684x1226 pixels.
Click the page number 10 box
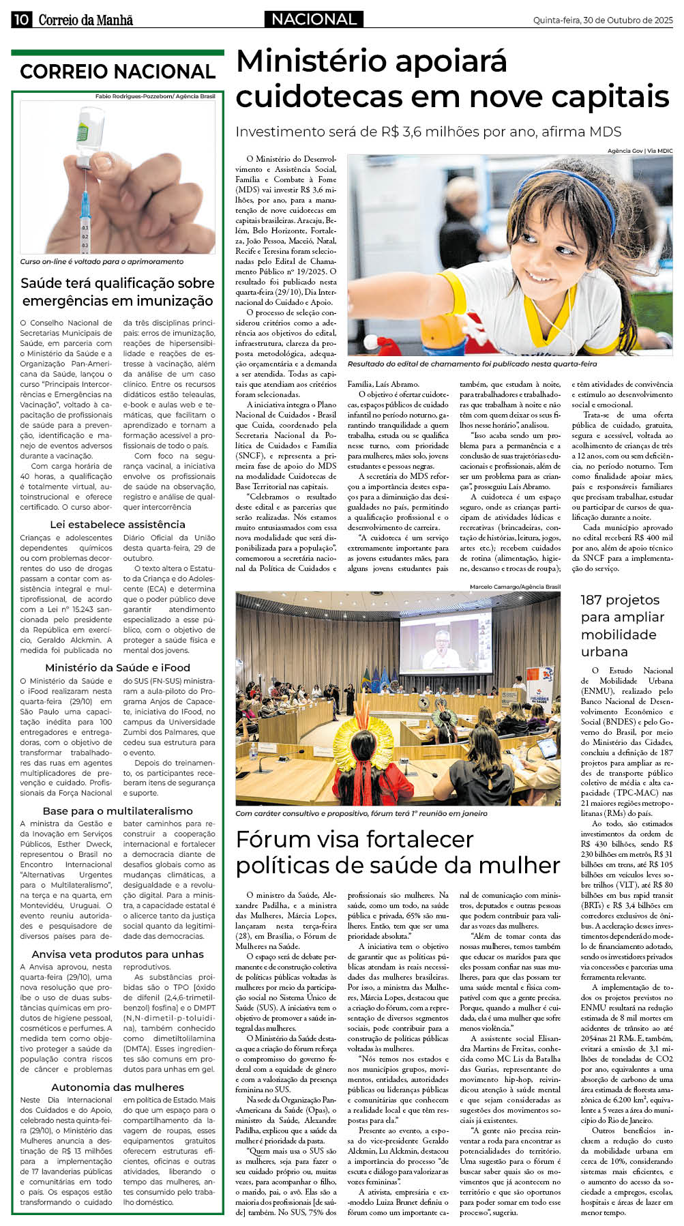[21, 20]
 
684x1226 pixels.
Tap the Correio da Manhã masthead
[85, 20]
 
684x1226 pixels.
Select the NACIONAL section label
[314, 19]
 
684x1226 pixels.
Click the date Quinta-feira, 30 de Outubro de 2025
[603, 20]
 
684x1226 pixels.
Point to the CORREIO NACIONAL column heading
[117, 72]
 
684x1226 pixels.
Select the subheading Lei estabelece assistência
[117, 525]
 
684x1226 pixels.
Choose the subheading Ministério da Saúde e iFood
[117, 668]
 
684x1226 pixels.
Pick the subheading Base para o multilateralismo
[117, 811]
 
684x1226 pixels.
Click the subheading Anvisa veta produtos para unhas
[117, 954]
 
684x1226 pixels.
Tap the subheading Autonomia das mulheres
[117, 1088]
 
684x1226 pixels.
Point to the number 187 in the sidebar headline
[595, 600]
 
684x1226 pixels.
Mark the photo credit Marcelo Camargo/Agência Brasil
[515, 587]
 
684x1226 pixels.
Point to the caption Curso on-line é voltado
[102, 261]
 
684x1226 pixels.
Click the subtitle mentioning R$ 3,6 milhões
[428, 132]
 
